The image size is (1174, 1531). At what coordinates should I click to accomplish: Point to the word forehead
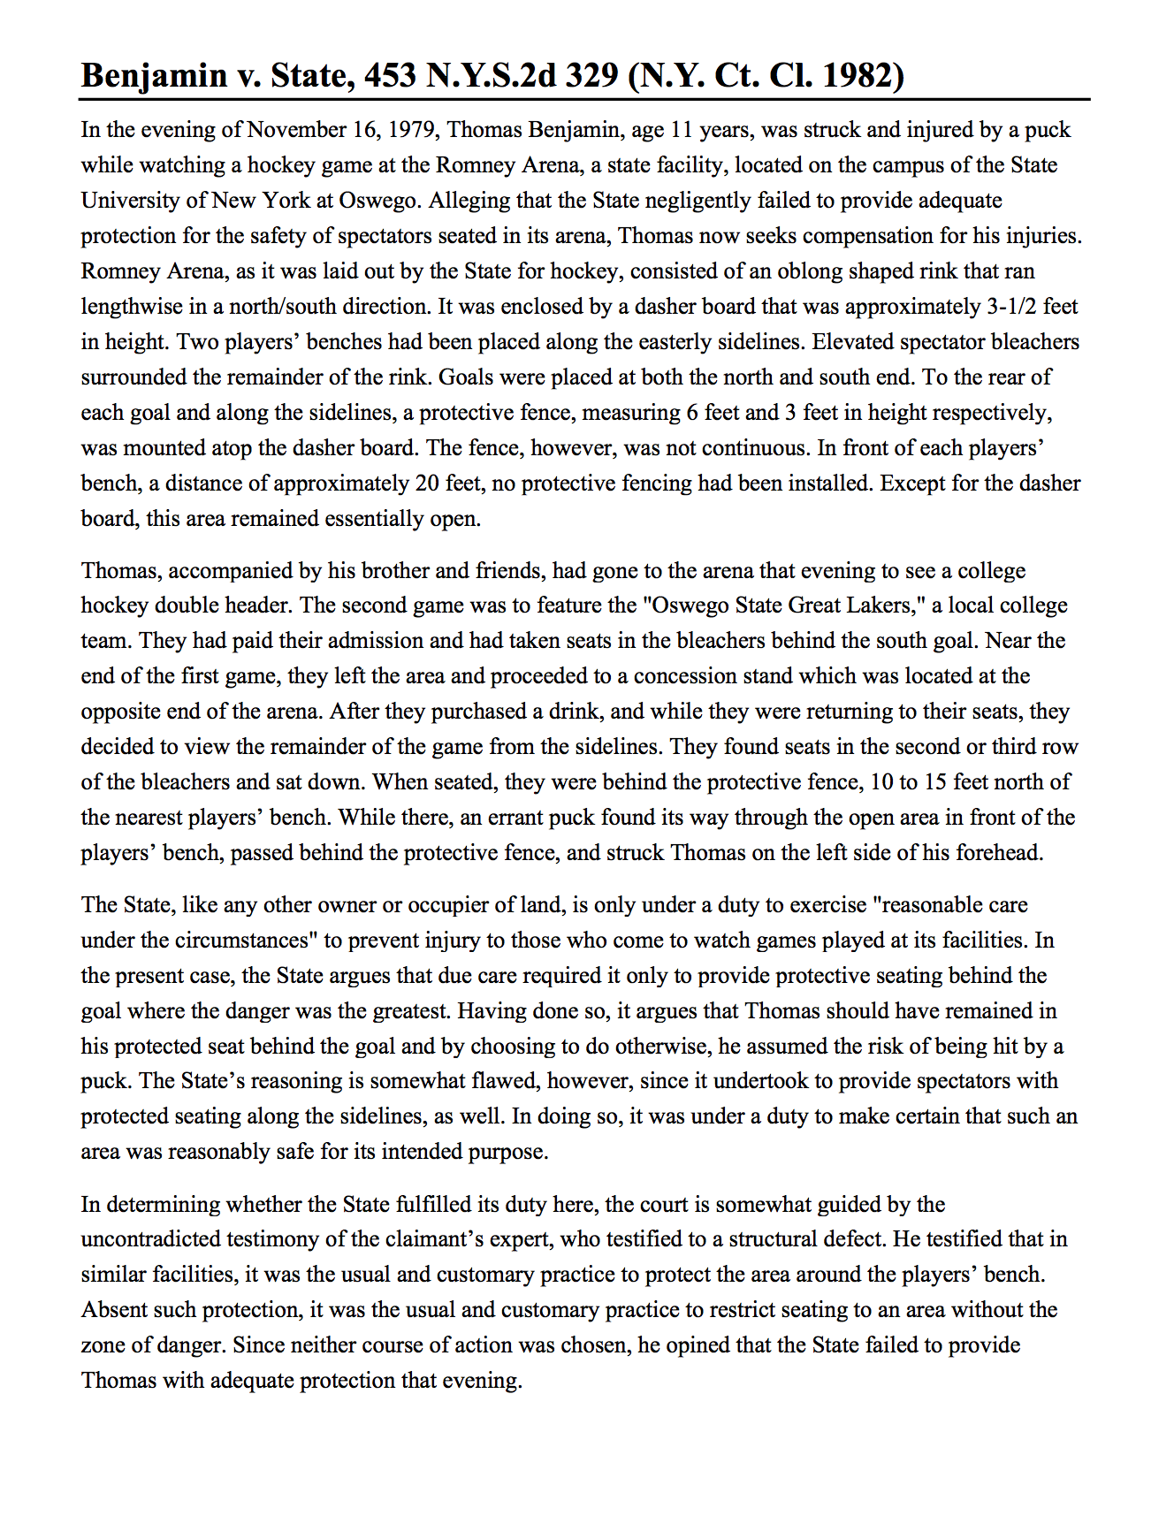coord(1000,853)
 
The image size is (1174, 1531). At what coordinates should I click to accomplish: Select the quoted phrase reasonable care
coord(949,905)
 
